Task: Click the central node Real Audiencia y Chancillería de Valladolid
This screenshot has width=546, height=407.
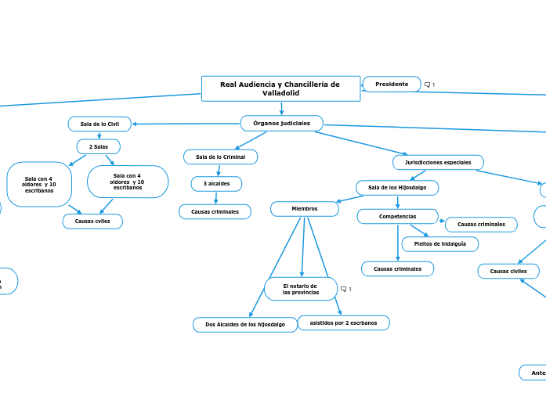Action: [x=280, y=88]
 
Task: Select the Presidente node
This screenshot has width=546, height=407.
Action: [x=392, y=84]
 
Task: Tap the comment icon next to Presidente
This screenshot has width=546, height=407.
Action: [x=428, y=85]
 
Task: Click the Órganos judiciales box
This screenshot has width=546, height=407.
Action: [x=281, y=123]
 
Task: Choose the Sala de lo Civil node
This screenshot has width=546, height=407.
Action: [x=99, y=124]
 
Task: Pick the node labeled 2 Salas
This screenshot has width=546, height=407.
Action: [x=98, y=146]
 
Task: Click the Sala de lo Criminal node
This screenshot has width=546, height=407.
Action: [x=220, y=157]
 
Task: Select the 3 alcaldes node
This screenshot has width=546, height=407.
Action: [x=216, y=184]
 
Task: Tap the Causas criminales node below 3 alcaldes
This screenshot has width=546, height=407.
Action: [x=215, y=211]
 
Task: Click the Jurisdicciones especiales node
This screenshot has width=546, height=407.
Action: [x=438, y=162]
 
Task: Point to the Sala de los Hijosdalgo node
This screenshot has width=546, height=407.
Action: [x=397, y=188]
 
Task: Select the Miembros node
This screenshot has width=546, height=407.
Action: [x=304, y=208]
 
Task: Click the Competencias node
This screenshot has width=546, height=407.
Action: [x=397, y=216]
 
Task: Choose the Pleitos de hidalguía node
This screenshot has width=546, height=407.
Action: [x=439, y=243]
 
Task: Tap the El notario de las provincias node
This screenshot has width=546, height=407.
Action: [x=301, y=289]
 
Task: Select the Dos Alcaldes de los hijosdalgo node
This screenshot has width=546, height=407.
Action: [x=245, y=324]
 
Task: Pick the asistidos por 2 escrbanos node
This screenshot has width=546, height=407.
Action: [x=343, y=322]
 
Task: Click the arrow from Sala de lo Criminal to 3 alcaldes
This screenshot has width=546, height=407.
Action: [x=218, y=170]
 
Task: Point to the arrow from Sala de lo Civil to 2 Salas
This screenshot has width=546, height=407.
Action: [x=99, y=135]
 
